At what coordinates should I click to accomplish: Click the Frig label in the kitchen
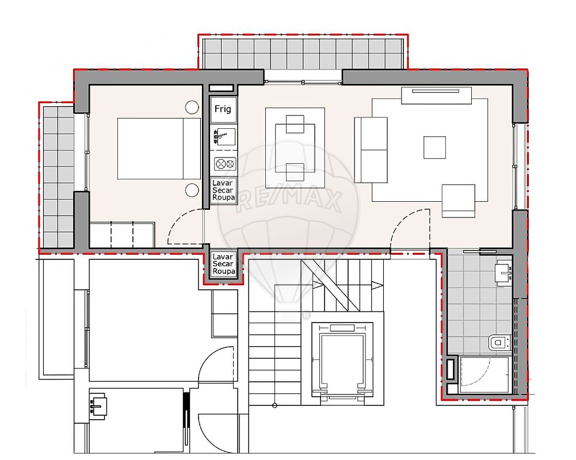pos(223,109)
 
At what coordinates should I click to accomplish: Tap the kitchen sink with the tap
pos(224,137)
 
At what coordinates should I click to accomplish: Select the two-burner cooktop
pos(225,164)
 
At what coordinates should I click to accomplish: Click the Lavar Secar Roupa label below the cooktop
pos(223,190)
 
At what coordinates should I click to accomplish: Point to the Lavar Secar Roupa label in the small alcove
pos(223,264)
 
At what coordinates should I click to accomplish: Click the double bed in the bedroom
pos(159,149)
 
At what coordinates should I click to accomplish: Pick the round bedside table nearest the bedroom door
pos(192,190)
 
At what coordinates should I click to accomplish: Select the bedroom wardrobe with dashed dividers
pos(122,235)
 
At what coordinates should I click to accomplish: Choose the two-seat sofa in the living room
pos(371,149)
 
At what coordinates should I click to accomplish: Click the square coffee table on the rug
pos(434,148)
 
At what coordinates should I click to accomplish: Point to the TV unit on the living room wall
pos(436,95)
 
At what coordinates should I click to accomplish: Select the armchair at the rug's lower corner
pos(459,201)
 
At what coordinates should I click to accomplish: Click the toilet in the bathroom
pos(499,343)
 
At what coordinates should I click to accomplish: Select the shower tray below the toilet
pos(484,374)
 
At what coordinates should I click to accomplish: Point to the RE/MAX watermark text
pos(289,200)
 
